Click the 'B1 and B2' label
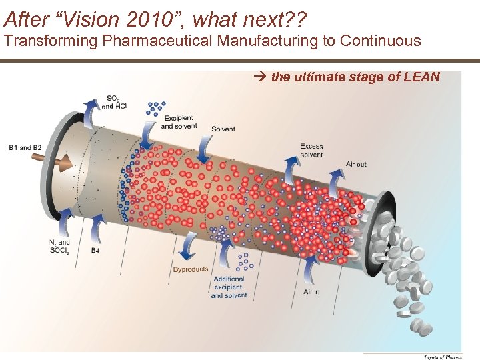pyautogui.click(x=25, y=147)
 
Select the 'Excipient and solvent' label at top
pyautogui.click(x=179, y=121)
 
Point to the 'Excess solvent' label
pyautogui.click(x=311, y=150)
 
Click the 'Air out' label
pyautogui.click(x=356, y=164)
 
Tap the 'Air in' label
pyautogui.click(x=311, y=291)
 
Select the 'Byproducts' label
pyautogui.click(x=191, y=269)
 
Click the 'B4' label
pyautogui.click(x=95, y=251)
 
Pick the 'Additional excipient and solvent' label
pyautogui.click(x=229, y=287)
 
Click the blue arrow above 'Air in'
pyautogui.click(x=310, y=270)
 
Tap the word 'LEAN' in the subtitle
pyautogui.click(x=421, y=77)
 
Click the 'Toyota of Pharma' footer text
pyautogui.click(x=442, y=357)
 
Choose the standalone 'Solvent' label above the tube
pyautogui.click(x=223, y=129)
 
